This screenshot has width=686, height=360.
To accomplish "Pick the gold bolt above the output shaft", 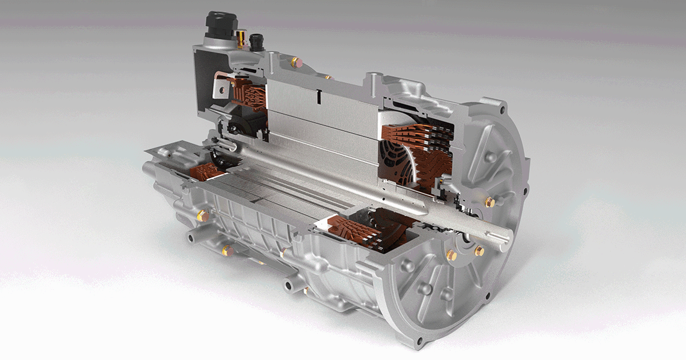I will coord(490,202).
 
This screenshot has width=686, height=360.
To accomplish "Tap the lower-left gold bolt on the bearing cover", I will coord(451,255).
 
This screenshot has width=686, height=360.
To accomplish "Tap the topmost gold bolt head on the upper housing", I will coord(294,61).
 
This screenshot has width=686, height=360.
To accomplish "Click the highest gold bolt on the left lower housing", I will coord(201,215).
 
